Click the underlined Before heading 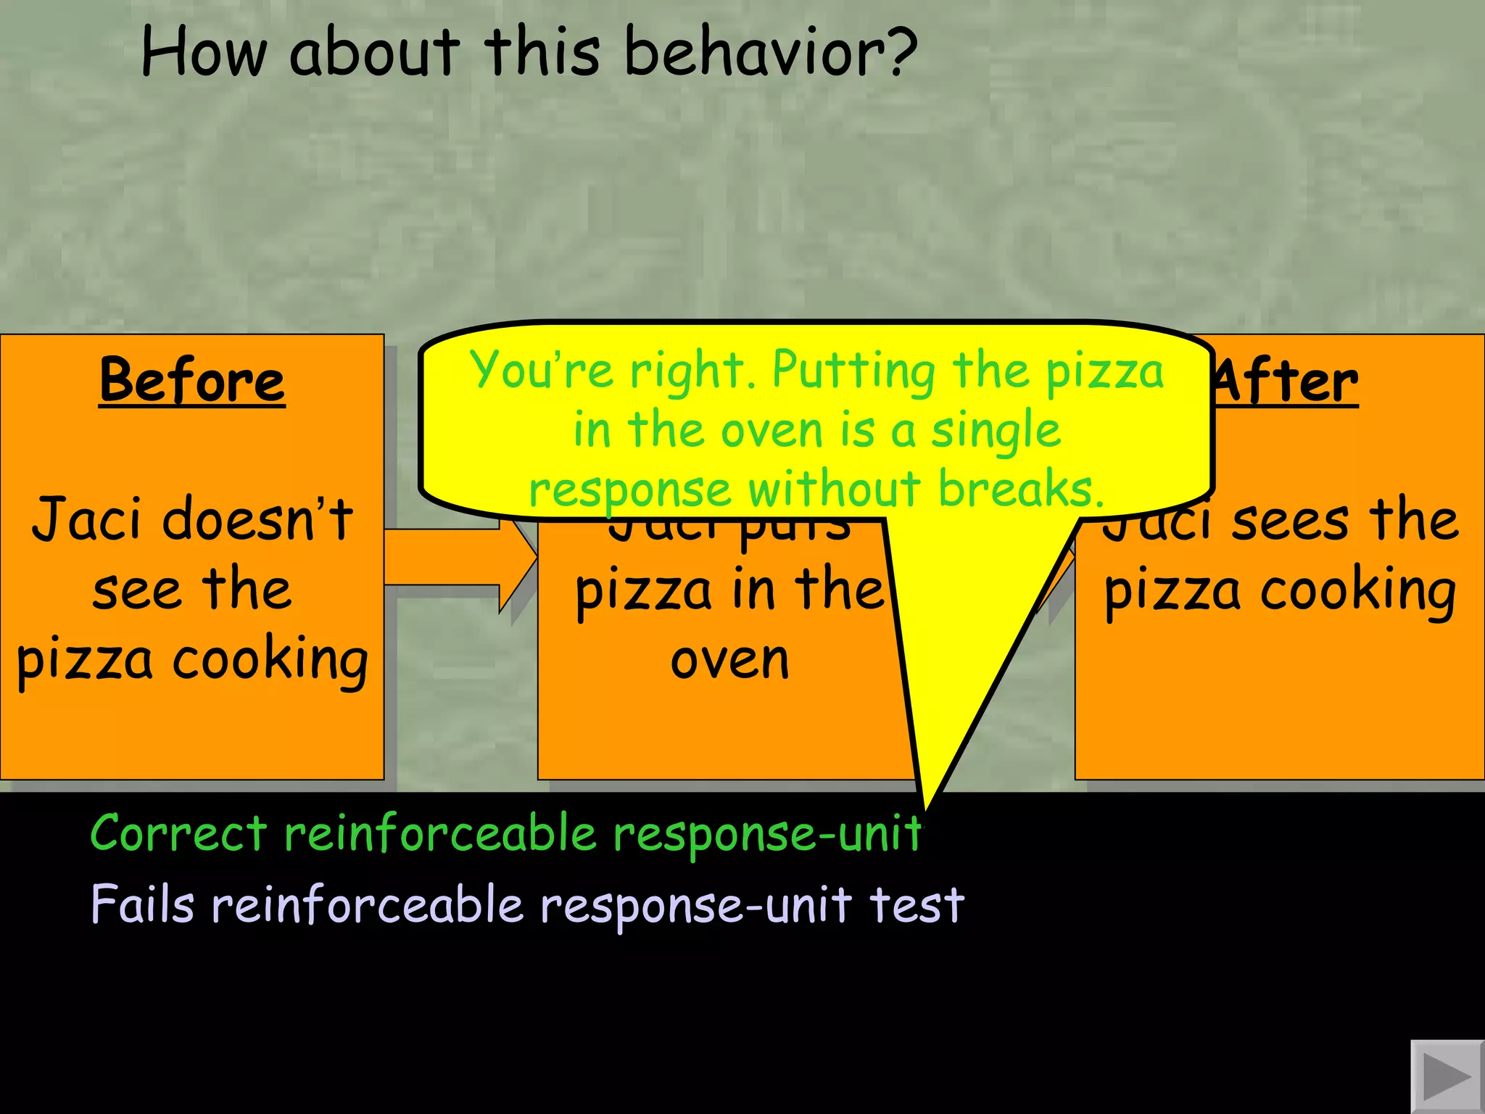192,380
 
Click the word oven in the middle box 729,660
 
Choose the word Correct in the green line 178,833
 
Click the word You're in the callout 541,370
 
